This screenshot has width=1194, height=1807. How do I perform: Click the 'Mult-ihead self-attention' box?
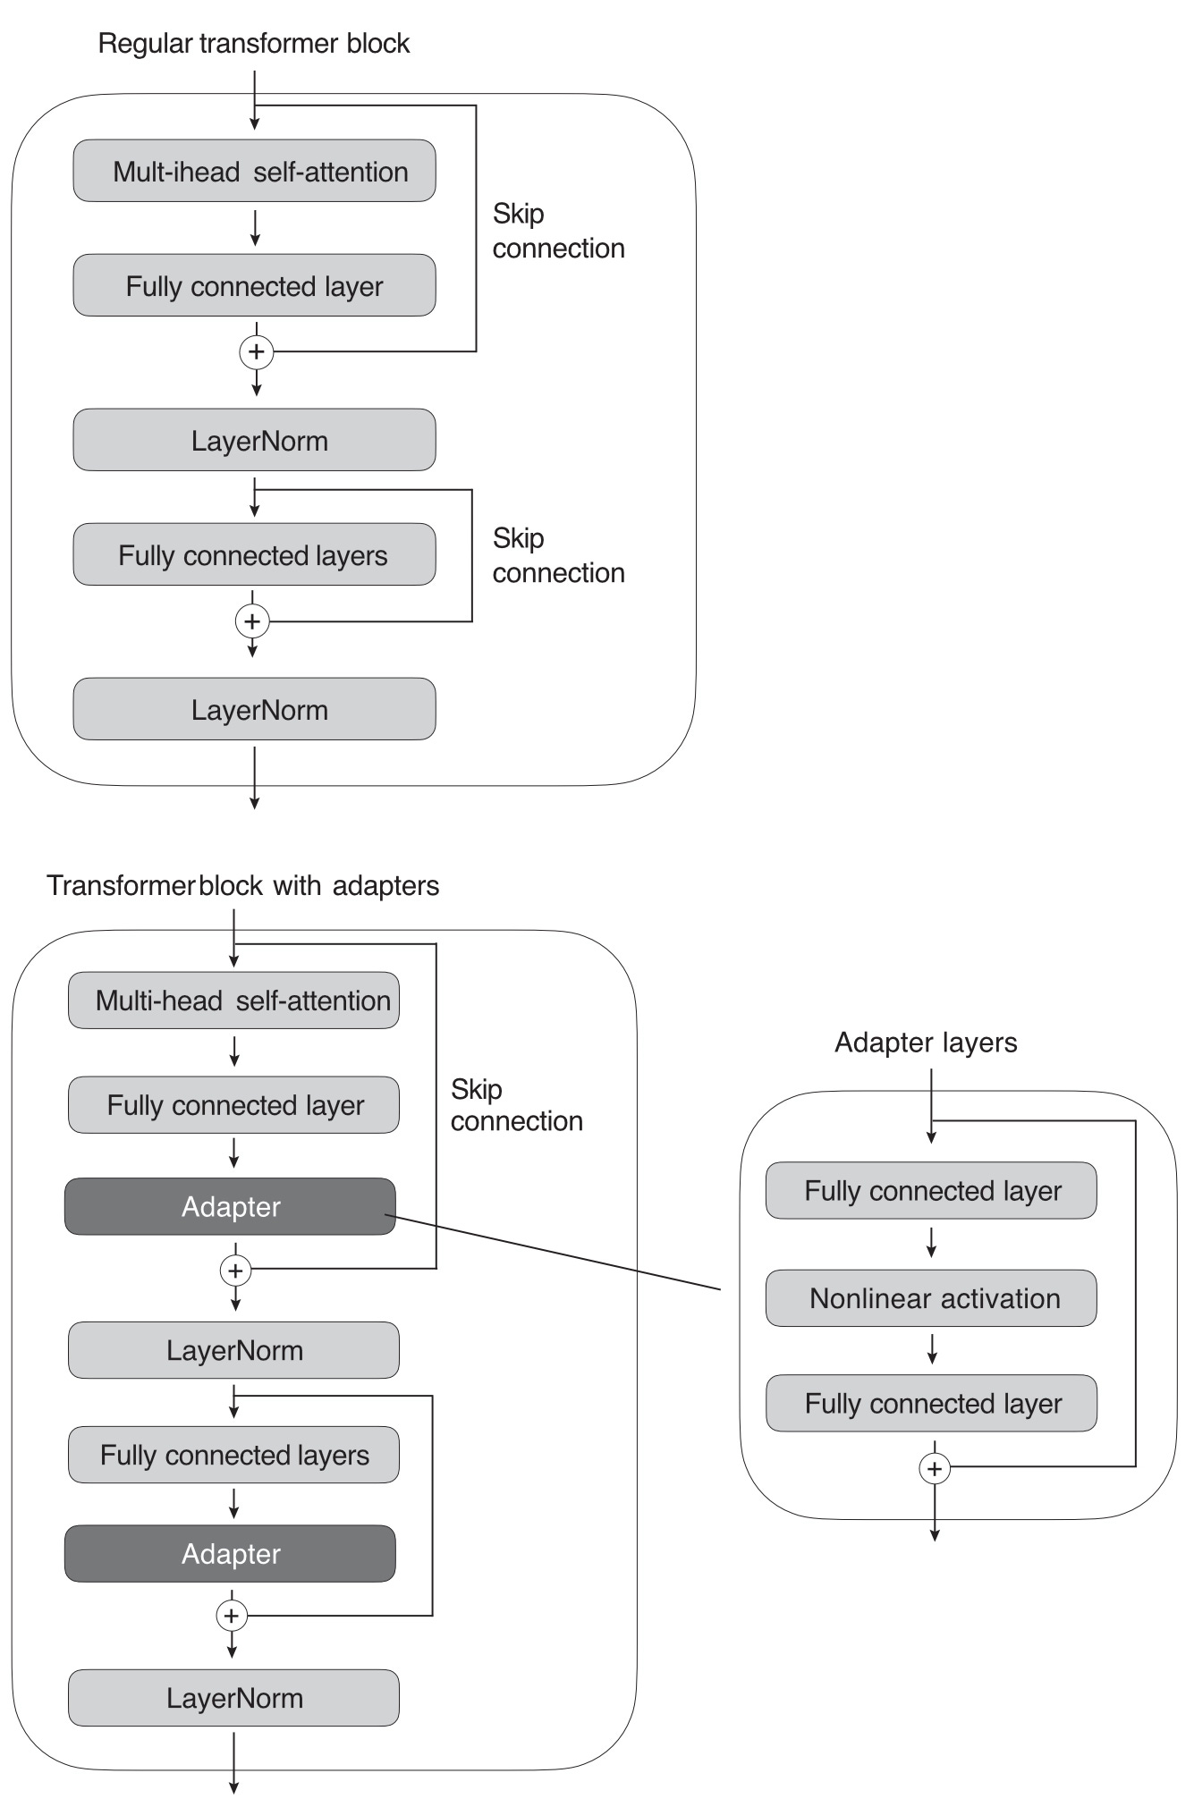pyautogui.click(x=254, y=171)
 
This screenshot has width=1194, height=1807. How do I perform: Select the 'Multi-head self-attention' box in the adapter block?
pyautogui.click(x=233, y=1001)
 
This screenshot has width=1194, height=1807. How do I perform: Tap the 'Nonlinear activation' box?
pyautogui.click(x=931, y=1298)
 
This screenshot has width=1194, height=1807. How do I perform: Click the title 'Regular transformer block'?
pyautogui.click(x=254, y=43)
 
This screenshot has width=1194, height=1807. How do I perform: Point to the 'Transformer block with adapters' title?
pyautogui.click(x=243, y=885)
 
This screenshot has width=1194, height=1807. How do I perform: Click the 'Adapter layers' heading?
pyautogui.click(x=926, y=1043)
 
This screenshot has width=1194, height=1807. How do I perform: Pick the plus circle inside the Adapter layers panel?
pyautogui.click(x=935, y=1468)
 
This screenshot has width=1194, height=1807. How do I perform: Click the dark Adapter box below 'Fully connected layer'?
pyautogui.click(x=230, y=1206)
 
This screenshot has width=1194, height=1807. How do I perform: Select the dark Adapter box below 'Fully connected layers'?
pyautogui.click(x=230, y=1553)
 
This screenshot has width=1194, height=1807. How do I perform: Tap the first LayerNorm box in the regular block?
pyautogui.click(x=254, y=440)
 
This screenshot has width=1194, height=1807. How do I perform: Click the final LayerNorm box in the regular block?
pyautogui.click(x=254, y=709)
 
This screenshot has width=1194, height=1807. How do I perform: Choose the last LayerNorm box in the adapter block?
pyautogui.click(x=233, y=1697)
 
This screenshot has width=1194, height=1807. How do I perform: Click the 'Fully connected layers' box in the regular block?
pyautogui.click(x=254, y=554)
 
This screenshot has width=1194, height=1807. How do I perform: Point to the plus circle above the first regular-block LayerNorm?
pyautogui.click(x=257, y=351)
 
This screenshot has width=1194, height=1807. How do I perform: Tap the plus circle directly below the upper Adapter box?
pyautogui.click(x=235, y=1271)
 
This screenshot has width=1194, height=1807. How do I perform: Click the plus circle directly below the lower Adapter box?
pyautogui.click(x=232, y=1616)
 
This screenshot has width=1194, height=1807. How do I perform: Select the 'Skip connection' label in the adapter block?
pyautogui.click(x=516, y=1105)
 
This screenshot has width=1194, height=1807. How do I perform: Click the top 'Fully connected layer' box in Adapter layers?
pyautogui.click(x=931, y=1190)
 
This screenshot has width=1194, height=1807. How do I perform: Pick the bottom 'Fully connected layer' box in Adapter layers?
pyautogui.click(x=931, y=1403)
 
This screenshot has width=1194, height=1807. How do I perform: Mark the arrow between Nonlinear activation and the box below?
pyautogui.click(x=932, y=1348)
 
